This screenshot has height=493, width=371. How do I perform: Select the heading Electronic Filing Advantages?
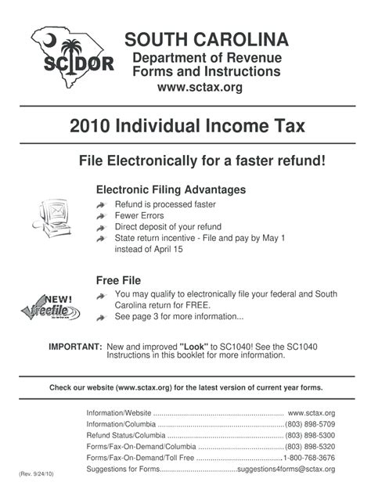coord(171,190)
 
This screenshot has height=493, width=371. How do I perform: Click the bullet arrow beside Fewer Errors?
coord(101,215)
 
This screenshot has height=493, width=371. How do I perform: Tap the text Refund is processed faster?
coord(164,204)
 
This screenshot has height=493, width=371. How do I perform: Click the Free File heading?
coord(118,280)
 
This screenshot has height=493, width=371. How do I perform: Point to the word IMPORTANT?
coord(75,346)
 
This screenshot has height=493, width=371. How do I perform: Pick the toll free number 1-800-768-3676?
coord(309,458)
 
